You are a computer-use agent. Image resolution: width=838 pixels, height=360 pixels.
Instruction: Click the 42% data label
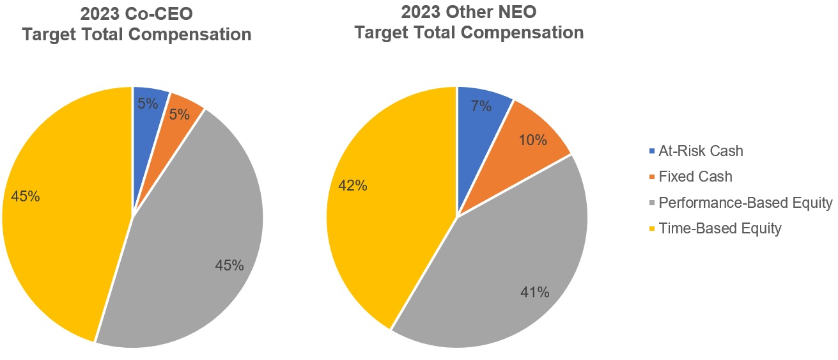tap(352, 186)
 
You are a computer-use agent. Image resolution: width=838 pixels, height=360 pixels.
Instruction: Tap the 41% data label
tap(534, 293)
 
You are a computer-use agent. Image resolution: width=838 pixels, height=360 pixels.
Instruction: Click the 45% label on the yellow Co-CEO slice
tap(26, 197)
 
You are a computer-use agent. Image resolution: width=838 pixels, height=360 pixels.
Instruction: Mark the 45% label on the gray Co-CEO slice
tap(229, 265)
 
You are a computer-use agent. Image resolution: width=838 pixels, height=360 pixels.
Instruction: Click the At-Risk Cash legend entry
tap(701, 152)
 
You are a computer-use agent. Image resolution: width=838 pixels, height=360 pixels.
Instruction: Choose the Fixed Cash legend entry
tap(695, 177)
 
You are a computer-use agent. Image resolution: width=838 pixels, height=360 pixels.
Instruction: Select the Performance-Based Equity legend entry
tap(745, 203)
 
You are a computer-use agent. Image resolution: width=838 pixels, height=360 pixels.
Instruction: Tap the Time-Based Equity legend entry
tap(720, 228)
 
